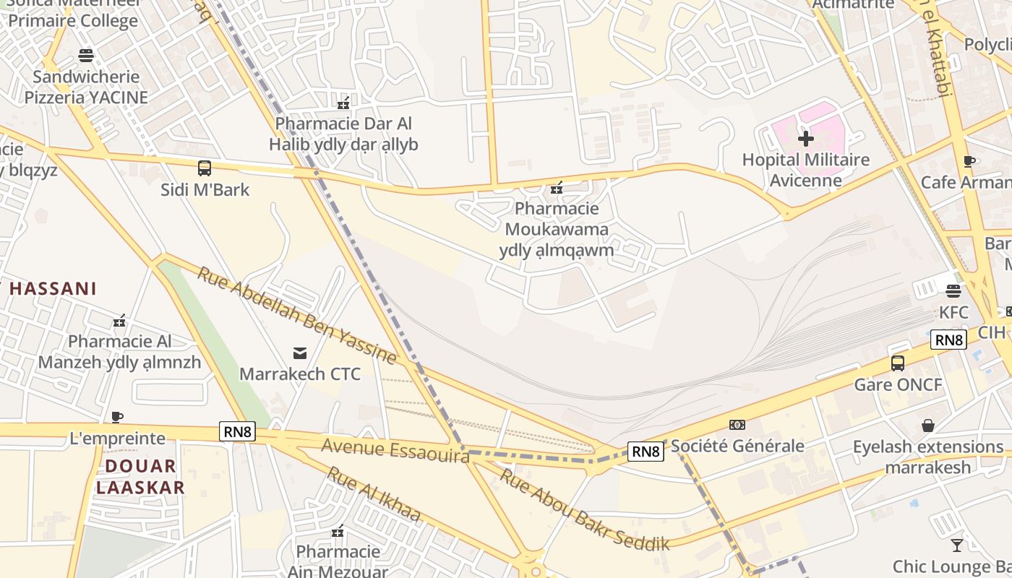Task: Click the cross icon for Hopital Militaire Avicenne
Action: click(806, 138)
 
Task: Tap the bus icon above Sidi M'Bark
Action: click(205, 168)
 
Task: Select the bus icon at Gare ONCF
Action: click(898, 363)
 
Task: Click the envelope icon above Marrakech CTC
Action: click(299, 353)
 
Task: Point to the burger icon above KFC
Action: click(953, 291)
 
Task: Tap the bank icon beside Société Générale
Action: click(737, 425)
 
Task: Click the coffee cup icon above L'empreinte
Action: click(117, 417)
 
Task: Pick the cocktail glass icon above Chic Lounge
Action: click(957, 545)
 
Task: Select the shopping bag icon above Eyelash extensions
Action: click(928, 426)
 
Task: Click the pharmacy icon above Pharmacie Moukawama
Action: click(557, 188)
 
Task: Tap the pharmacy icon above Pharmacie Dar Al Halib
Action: click(343, 103)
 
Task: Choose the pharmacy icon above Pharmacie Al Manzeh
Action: click(119, 321)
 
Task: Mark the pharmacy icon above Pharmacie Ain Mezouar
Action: click(338, 532)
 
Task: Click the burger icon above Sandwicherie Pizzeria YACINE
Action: click(86, 56)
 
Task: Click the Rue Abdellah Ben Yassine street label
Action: click(296, 316)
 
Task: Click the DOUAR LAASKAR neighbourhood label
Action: click(140, 476)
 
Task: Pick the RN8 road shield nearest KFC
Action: click(948, 340)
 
